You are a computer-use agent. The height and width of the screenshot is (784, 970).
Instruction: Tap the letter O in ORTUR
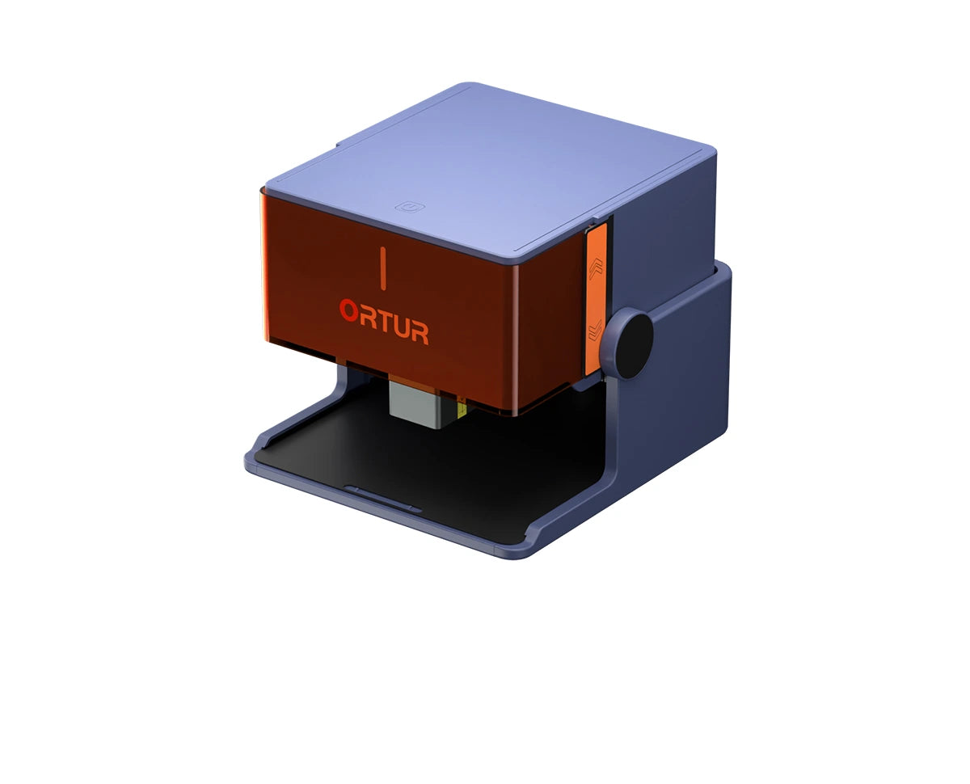349,310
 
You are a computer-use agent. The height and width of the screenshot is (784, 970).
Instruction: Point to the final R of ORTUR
419,331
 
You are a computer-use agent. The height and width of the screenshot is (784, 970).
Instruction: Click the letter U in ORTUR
402,326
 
